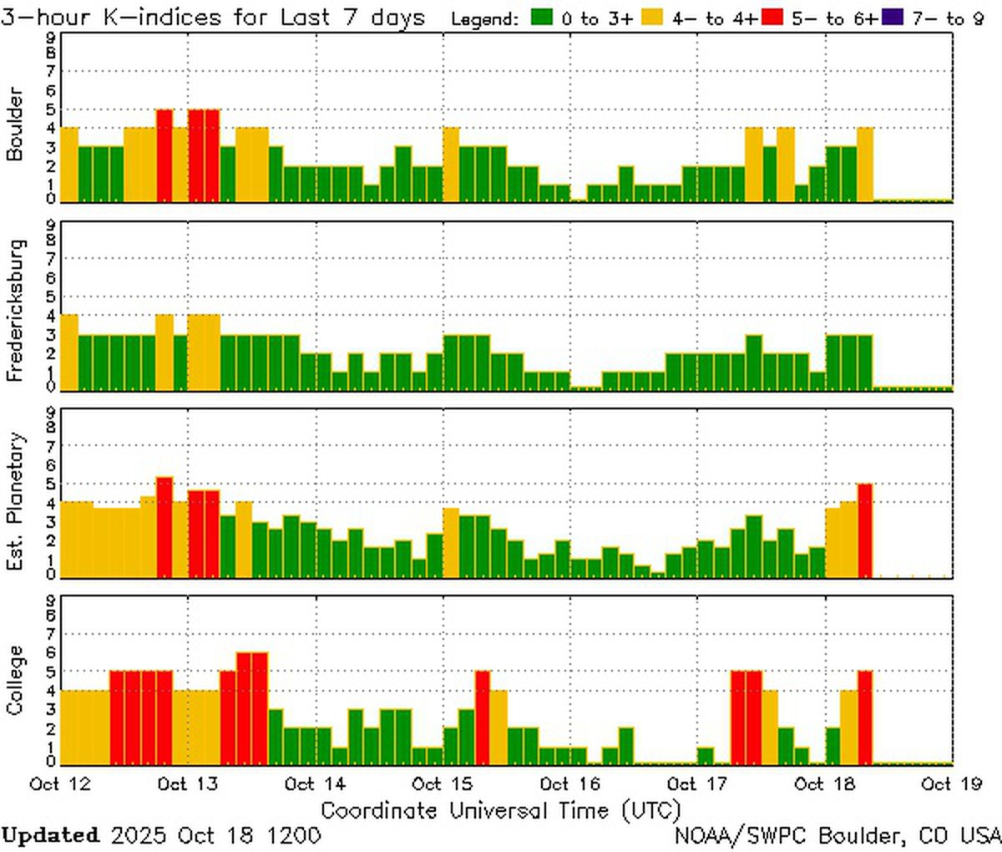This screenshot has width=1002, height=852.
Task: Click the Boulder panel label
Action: (x=14, y=124)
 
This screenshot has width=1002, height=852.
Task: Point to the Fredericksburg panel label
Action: (x=14, y=310)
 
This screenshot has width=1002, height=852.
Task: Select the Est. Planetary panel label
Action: (x=14, y=501)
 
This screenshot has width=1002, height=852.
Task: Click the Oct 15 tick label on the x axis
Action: (x=443, y=784)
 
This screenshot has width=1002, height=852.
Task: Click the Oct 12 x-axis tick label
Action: (x=61, y=784)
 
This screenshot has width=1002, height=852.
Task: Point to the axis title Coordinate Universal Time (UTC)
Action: (x=500, y=809)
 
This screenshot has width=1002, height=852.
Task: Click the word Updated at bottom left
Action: (x=50, y=834)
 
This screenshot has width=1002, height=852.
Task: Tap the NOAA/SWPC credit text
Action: (x=838, y=834)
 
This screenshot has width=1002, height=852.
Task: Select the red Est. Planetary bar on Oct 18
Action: (x=864, y=530)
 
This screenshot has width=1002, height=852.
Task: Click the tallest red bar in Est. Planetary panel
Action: (x=164, y=526)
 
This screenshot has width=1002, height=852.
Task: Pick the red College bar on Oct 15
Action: (x=483, y=717)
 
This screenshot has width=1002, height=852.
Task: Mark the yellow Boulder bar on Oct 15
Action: (x=451, y=164)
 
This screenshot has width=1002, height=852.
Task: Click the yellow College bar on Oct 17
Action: (x=770, y=726)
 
